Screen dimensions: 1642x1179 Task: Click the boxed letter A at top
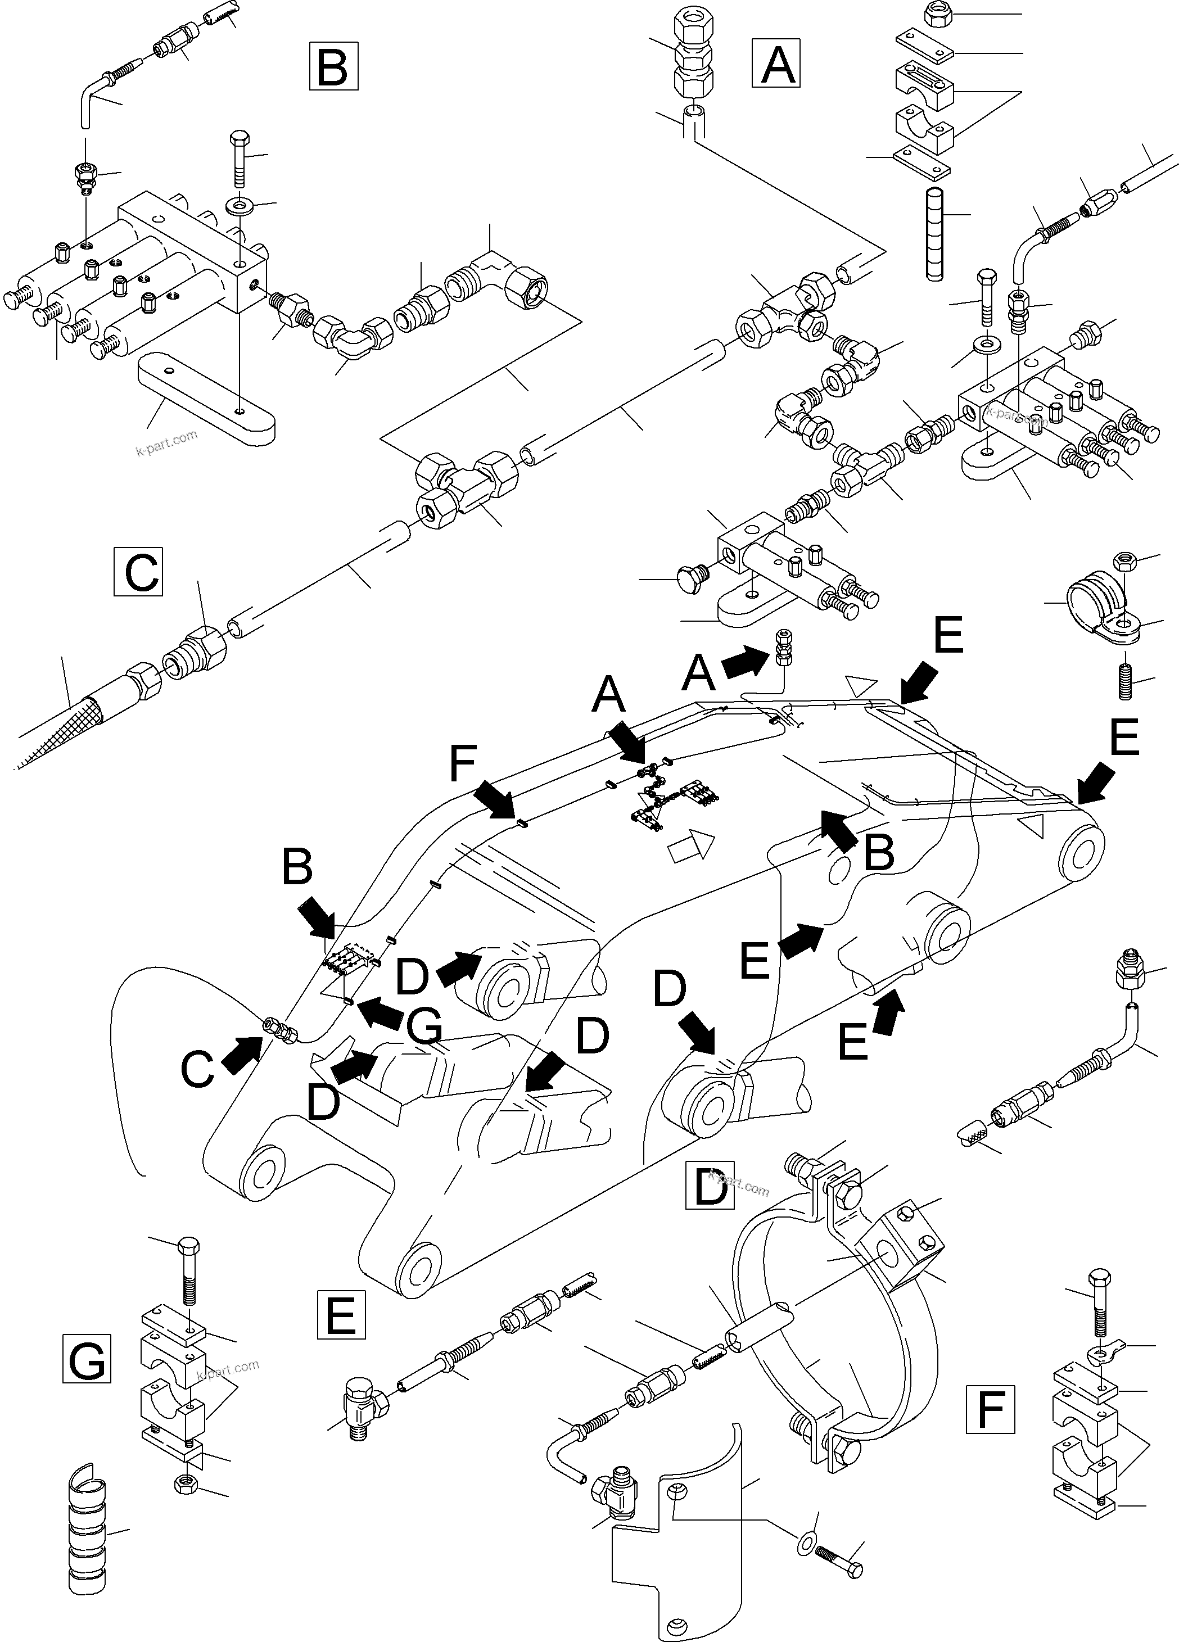776,64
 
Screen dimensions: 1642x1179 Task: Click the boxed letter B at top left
333,66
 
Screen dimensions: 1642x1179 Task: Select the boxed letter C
138,572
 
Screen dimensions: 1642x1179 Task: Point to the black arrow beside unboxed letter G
380,1014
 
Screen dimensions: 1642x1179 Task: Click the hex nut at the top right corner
938,15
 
